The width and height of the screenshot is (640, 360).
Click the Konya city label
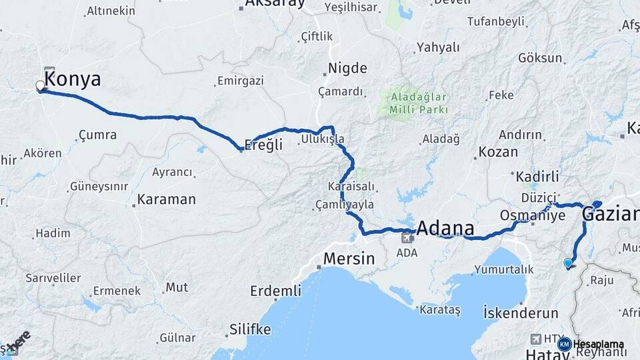(x=73, y=80)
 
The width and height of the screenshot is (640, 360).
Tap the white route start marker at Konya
(x=40, y=86)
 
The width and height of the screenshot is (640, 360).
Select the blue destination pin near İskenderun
(x=568, y=263)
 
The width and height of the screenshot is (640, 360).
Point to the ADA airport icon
(x=407, y=237)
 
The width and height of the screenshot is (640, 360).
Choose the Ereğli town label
(x=264, y=145)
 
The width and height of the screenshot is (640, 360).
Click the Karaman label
(x=167, y=199)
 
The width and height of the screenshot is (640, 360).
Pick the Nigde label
(x=347, y=68)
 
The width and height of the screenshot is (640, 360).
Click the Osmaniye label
(x=528, y=215)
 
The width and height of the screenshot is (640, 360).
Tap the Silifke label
(x=250, y=329)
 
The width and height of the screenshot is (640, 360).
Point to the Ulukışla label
(x=323, y=139)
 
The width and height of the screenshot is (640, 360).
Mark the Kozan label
(x=498, y=152)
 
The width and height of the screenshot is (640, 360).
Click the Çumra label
(x=97, y=135)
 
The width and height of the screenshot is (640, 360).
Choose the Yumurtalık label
(x=504, y=269)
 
